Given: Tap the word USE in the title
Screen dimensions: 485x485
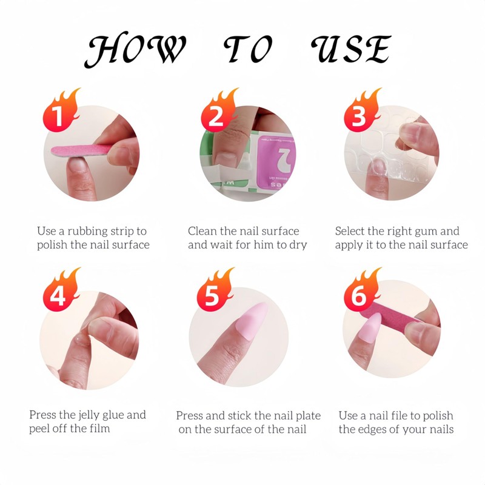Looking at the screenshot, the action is [351, 49].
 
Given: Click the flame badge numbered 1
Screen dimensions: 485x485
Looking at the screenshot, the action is [61, 111].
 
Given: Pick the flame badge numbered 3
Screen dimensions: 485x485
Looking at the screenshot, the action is [362, 111].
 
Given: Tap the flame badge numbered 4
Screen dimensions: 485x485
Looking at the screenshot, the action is [61, 290].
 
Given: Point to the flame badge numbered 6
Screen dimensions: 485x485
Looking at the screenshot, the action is [362, 290].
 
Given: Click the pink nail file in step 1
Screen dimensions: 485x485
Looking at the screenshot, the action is [82, 150].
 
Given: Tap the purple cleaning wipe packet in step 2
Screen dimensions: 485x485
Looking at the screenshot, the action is [275, 161].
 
